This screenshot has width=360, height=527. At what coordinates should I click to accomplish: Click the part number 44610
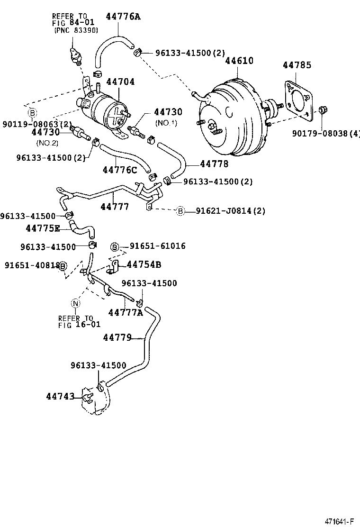tap(239, 61)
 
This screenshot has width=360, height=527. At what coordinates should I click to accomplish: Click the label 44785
tap(297, 65)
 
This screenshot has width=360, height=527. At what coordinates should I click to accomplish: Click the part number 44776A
tap(123, 17)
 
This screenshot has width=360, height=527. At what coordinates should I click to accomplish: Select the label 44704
tap(120, 82)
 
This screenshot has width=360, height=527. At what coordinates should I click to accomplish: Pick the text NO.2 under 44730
tap(47, 142)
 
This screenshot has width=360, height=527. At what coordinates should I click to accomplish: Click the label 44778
tap(214, 164)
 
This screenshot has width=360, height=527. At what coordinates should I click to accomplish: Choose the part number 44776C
tap(120, 170)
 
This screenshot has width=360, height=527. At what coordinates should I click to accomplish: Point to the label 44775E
tap(43, 228)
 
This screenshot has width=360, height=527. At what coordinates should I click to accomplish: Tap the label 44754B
tap(144, 264)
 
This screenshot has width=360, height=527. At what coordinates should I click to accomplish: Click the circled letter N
tap(75, 303)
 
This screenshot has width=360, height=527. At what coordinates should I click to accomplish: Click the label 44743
tap(60, 396)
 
